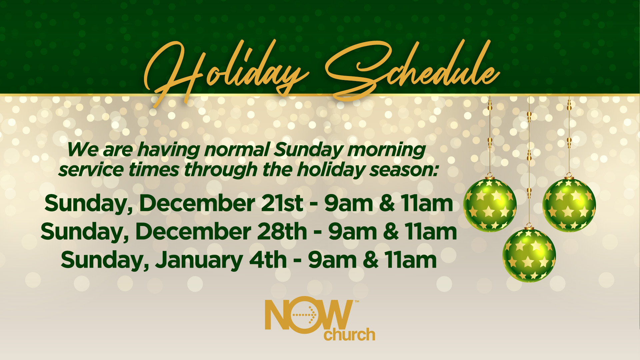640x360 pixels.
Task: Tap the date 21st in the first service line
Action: click(x=282, y=203)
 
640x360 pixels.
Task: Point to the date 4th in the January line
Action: click(x=268, y=260)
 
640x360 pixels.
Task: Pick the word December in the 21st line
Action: click(x=197, y=203)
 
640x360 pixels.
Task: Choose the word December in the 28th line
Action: click(x=193, y=231)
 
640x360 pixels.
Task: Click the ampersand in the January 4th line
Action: click(x=371, y=260)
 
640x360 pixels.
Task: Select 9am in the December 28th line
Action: click(x=353, y=232)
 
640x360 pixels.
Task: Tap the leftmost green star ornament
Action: click(x=490, y=204)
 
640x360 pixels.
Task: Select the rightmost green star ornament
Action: click(x=569, y=204)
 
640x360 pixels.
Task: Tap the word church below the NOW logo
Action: click(x=349, y=334)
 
